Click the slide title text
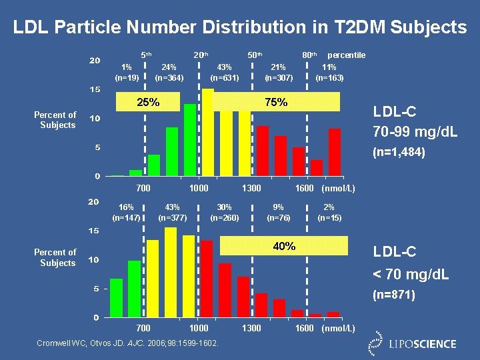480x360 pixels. [240, 27]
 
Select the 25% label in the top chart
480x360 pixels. [148, 102]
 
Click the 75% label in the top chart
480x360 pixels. [276, 102]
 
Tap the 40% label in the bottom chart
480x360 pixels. [284, 246]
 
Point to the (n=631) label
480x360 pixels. [225, 77]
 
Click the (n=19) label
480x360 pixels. [127, 77]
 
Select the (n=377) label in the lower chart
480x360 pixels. [172, 217]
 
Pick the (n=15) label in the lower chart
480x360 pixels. [329, 217]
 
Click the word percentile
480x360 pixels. [346, 55]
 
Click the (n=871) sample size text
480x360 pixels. [394, 294]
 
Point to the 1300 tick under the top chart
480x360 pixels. [251, 189]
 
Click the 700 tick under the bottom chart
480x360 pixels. [143, 328]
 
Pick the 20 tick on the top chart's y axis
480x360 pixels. [95, 61]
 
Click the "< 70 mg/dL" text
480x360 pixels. [411, 274]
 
